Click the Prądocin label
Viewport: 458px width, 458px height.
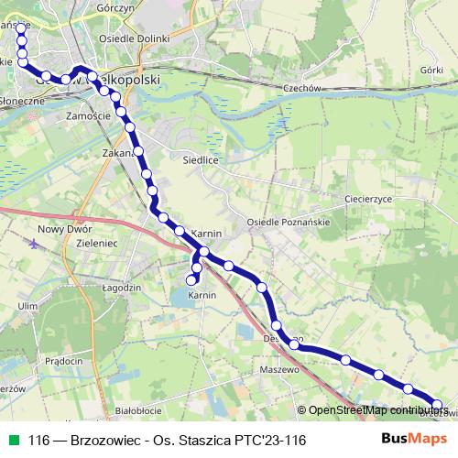[63, 360]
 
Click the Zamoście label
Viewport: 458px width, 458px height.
[89, 116]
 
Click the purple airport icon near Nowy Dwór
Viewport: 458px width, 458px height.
[35, 245]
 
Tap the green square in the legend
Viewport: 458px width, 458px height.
[12, 441]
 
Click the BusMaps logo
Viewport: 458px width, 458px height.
[409, 440]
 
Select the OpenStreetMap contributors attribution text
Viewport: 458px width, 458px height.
[375, 409]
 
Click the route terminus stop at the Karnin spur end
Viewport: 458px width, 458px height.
[192, 279]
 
